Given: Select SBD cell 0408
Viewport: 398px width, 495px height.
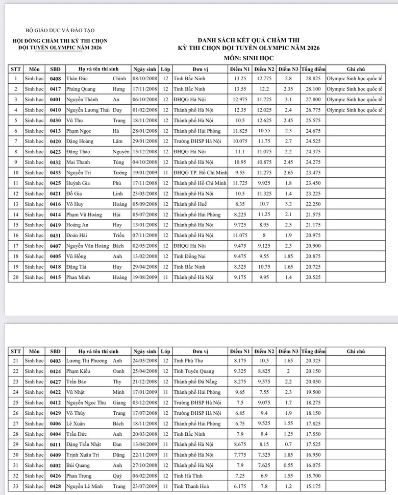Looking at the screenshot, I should coord(55,79).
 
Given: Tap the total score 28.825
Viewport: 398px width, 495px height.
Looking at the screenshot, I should coord(313,79).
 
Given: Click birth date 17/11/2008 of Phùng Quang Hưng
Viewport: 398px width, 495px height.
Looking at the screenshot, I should coord(144,89).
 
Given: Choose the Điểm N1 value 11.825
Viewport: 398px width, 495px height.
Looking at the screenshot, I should coord(240,131).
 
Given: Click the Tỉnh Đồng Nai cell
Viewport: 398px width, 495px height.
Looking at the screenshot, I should coord(191,256).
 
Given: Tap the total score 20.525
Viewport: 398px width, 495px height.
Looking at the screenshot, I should coord(313,277).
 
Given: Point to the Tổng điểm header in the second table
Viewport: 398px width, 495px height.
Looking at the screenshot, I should coord(313,351).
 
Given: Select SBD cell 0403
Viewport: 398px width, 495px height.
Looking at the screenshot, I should coord(55,361).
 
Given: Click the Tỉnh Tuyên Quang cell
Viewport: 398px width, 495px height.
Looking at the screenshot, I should coord(196,371).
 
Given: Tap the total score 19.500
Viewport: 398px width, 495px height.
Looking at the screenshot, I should coord(313,392).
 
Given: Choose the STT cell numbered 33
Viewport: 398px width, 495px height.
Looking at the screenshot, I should coord(15,486).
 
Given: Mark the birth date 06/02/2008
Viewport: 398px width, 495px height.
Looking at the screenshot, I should coord(144,476).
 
